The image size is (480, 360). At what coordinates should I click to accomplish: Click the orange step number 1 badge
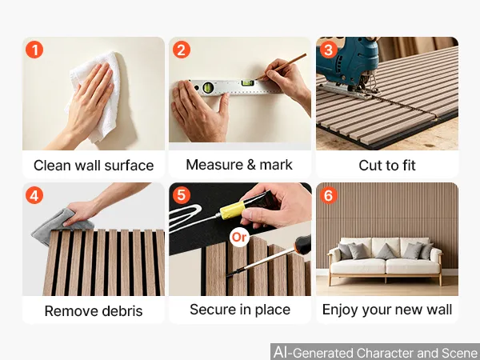coord(34,50)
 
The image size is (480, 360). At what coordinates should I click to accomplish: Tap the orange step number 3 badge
coord(329,50)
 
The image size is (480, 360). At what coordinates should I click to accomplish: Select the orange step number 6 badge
coord(329,195)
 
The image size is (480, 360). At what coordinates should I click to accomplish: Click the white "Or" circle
coord(239,238)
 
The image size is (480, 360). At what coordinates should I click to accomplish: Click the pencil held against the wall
coord(281,66)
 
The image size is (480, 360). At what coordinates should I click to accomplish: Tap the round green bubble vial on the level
coord(208,87)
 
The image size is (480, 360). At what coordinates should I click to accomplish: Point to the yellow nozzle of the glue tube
coord(233,210)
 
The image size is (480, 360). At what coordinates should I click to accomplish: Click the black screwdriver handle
coord(303,245)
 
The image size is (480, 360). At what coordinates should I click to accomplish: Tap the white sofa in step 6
coord(385,261)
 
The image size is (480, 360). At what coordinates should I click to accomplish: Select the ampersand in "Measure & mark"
coord(251,165)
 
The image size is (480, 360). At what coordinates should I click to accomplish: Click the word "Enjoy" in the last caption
coord(340,310)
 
